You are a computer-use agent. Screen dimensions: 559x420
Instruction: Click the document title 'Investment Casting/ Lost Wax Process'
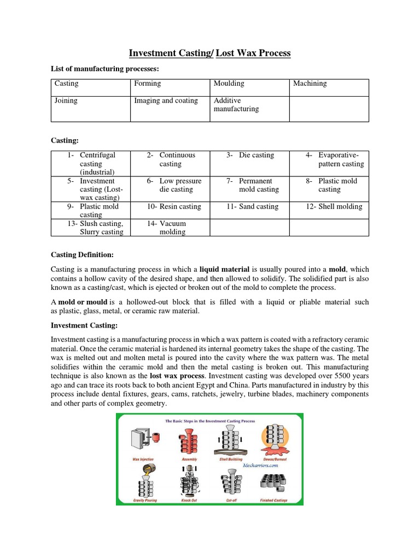(209, 53)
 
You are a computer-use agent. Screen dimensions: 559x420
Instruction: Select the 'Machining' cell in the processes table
(310, 84)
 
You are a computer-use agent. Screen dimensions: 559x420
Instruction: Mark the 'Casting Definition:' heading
(82, 254)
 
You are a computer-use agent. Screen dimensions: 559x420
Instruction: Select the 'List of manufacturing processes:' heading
(104, 68)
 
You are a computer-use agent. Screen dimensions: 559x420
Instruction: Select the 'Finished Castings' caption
(276, 499)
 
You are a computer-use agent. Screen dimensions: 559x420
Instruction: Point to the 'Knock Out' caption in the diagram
(189, 499)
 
